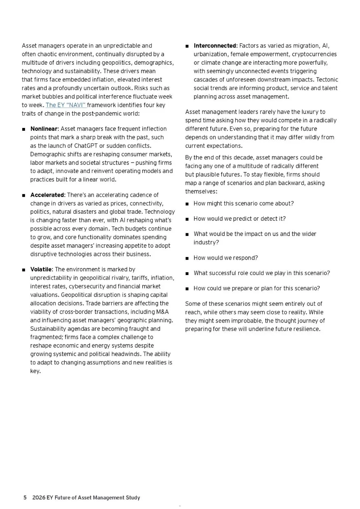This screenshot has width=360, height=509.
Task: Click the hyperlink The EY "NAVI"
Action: [x=66, y=105]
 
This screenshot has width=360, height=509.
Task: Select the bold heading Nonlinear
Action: [x=44, y=129]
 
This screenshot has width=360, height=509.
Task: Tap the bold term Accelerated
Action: [x=47, y=195]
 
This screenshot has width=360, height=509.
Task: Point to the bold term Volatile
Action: [x=41, y=269]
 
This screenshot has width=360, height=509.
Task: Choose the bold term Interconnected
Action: [x=215, y=46]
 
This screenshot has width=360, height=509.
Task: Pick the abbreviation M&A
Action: [x=162, y=312]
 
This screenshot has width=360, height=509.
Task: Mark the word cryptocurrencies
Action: [x=314, y=54]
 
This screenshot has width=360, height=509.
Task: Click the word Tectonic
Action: [x=327, y=79]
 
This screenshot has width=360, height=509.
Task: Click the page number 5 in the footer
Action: [x=25, y=497]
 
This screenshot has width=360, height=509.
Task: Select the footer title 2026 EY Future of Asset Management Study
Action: [x=86, y=497]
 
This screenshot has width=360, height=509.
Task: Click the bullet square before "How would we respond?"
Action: [x=187, y=258]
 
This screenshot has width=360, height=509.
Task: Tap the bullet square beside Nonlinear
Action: [x=24, y=129]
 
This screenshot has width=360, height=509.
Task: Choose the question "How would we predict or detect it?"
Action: [x=239, y=219]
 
